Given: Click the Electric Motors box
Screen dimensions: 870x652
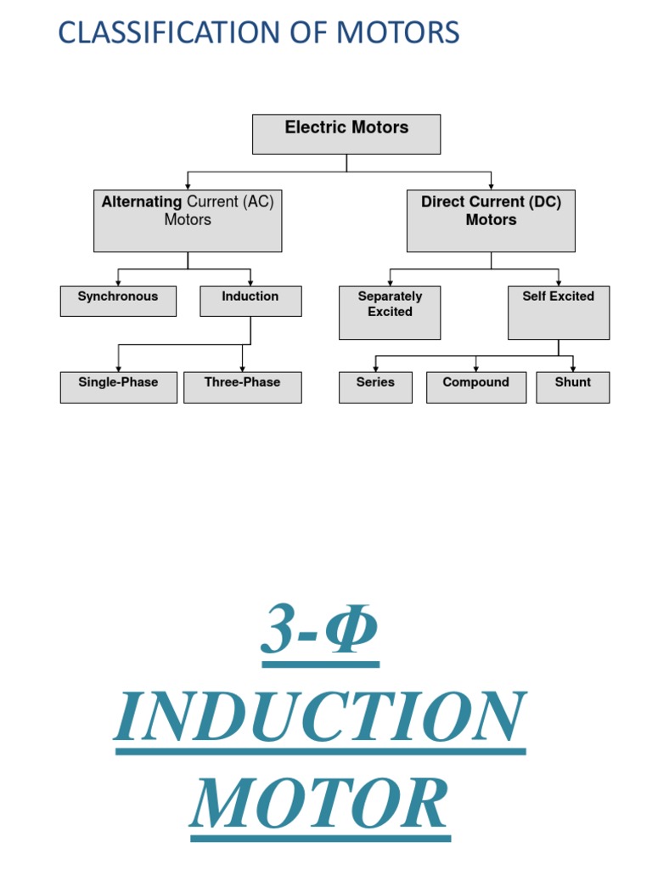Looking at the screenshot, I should click(x=346, y=134).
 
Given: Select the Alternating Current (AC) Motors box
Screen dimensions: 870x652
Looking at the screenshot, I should click(x=188, y=221).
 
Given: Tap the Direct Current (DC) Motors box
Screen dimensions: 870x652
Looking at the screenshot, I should click(x=491, y=221).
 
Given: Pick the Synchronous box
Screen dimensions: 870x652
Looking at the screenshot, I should click(x=118, y=302).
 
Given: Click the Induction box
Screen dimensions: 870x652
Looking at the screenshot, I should click(x=250, y=302).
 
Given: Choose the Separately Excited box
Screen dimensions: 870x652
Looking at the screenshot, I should click(x=390, y=313).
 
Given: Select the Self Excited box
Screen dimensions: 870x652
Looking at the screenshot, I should click(x=559, y=313).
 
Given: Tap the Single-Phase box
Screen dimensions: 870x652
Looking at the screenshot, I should click(x=118, y=387).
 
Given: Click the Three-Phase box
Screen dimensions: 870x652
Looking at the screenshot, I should click(x=242, y=387).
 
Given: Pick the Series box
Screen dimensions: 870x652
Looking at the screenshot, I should click(x=375, y=387).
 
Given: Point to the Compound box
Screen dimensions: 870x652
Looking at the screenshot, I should click(x=475, y=387).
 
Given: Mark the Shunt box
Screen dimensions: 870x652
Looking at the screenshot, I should click(x=573, y=387).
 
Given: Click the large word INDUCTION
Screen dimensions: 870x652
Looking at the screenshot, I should click(x=320, y=718).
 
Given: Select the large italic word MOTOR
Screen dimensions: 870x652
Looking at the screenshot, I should click(x=320, y=804).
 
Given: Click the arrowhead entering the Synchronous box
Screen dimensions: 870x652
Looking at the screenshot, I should click(x=118, y=283).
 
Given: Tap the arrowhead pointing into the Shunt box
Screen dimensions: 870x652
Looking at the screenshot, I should click(x=573, y=369).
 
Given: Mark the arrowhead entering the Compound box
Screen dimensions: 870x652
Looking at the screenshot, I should click(x=475, y=369).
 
